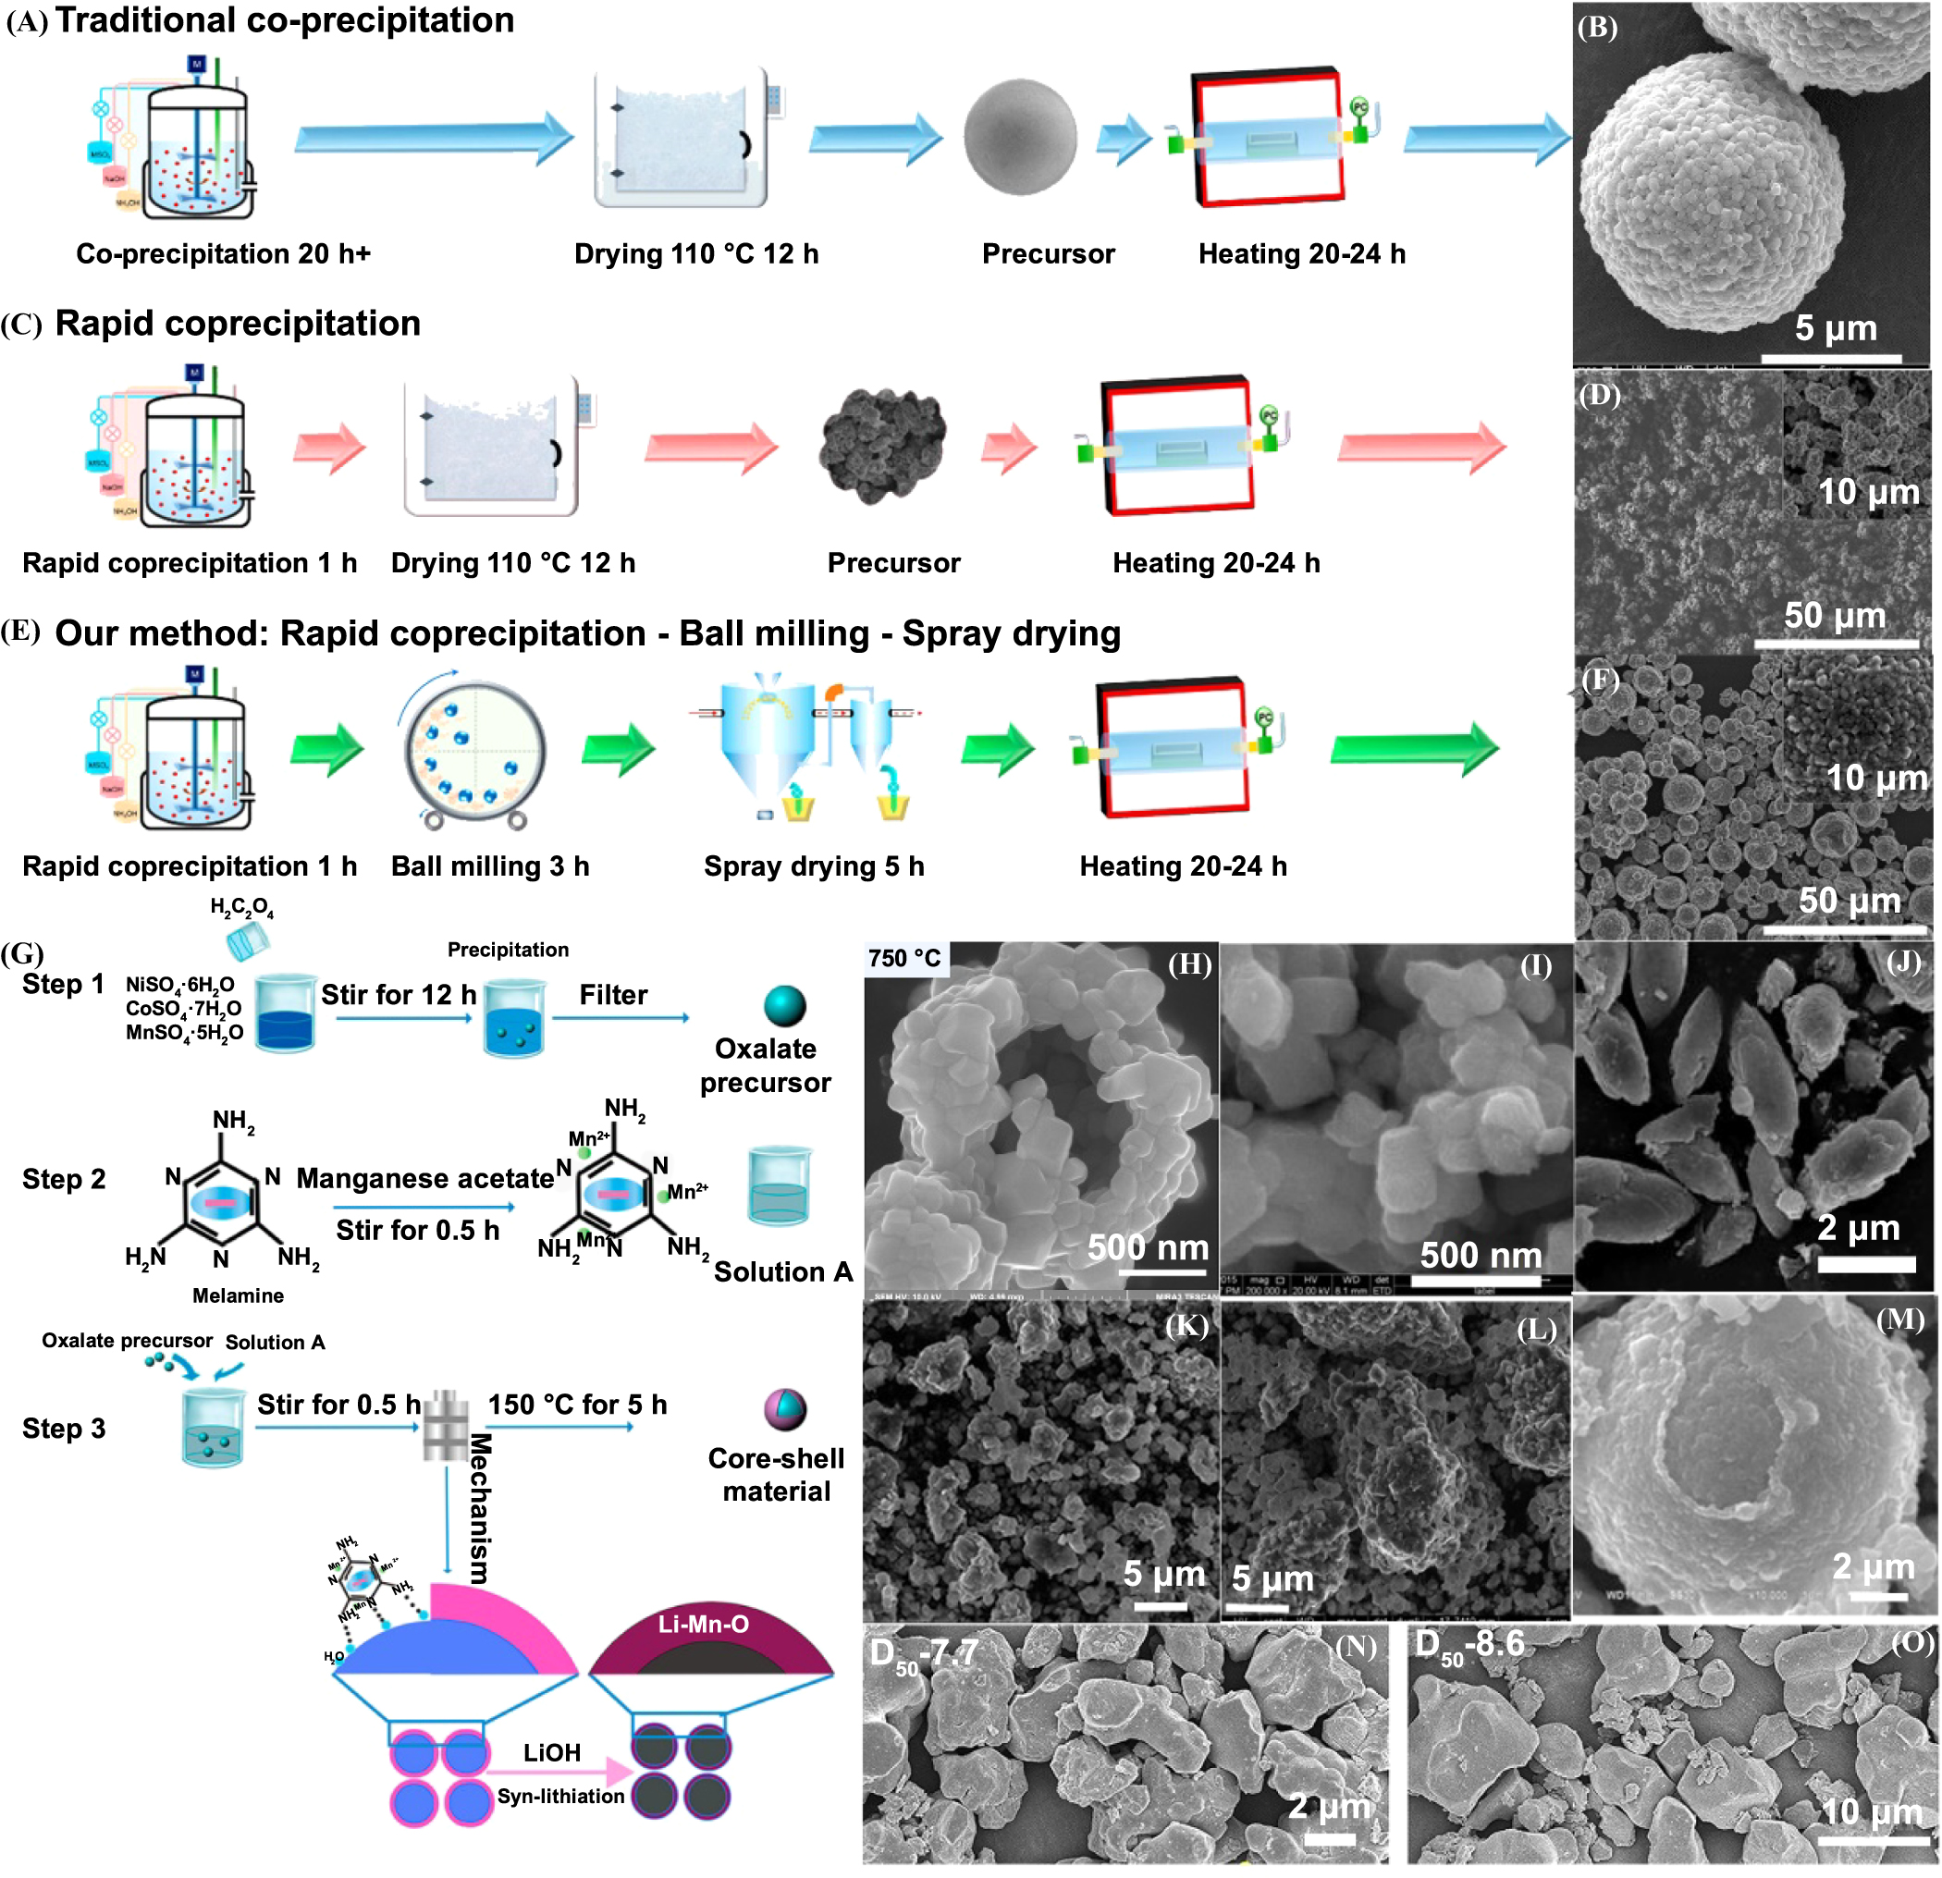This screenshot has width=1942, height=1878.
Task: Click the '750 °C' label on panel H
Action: pos(903,959)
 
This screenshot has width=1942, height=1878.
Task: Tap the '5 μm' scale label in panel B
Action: pos(1836,328)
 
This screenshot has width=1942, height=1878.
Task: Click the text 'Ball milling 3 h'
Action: pos(489,866)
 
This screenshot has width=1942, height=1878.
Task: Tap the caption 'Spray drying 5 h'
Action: pos(814,866)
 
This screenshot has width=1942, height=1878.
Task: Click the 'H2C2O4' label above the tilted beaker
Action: pos(241,907)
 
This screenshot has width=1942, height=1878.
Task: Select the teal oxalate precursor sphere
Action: pos(785,1006)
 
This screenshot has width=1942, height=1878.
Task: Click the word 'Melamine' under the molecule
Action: pos(238,1295)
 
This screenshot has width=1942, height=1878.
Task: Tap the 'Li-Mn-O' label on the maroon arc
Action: pos(704,1625)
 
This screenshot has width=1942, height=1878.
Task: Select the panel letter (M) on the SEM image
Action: pos(1899,1320)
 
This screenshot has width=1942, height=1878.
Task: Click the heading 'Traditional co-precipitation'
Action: pos(285,19)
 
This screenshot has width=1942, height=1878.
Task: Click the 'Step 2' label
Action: pos(64,1179)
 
